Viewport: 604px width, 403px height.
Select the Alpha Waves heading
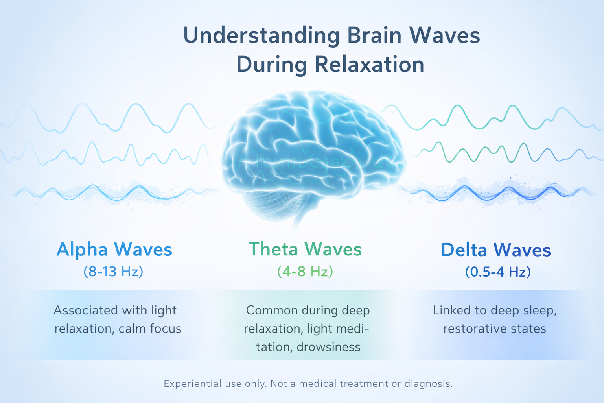point(114,250)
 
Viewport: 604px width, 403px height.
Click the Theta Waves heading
point(305,250)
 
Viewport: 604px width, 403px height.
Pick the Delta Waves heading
point(496,250)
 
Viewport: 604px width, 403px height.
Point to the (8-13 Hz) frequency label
point(113,272)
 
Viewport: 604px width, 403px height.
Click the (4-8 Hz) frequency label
point(305,272)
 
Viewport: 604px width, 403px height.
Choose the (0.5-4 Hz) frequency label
point(498,272)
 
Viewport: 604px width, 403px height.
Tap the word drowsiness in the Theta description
point(328,347)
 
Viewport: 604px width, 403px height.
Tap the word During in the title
point(271,65)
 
